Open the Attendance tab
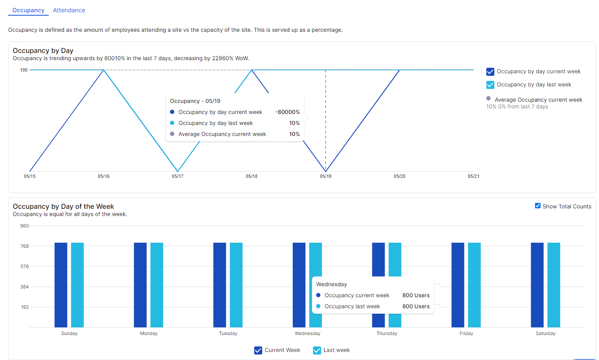tap(69, 10)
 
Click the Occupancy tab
tap(28, 10)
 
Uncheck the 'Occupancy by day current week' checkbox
tap(490, 72)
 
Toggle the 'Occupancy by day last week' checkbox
tap(490, 85)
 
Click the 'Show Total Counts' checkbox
tap(538, 206)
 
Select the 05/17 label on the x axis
tap(177, 176)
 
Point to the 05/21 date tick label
tap(473, 176)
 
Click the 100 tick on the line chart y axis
tap(24, 70)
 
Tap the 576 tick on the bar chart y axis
tap(25, 266)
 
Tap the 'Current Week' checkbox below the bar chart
tap(258, 350)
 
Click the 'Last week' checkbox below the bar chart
tap(317, 350)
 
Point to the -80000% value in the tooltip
tap(287, 112)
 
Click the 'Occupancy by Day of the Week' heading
tap(63, 206)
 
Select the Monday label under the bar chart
tap(149, 333)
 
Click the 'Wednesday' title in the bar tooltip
tap(331, 284)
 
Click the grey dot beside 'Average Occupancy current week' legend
tap(488, 98)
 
